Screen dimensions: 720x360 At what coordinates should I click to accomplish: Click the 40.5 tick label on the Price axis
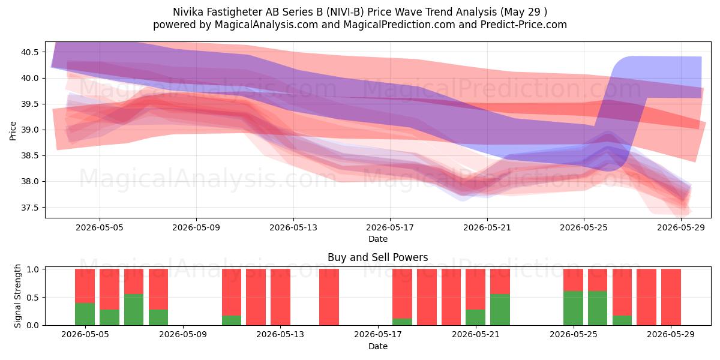(29, 52)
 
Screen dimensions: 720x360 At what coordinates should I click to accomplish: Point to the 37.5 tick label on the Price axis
(29, 208)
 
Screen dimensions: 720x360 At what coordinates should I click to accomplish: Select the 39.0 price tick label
(29, 130)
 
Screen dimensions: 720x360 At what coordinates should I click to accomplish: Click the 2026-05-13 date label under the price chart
(293, 227)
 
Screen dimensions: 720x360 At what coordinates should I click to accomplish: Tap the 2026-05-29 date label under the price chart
(681, 227)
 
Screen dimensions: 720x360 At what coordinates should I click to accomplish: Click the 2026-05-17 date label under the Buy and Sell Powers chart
(378, 334)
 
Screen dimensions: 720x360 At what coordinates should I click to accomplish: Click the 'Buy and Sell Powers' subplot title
(377, 257)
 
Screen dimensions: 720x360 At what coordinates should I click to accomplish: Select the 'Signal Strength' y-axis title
(17, 296)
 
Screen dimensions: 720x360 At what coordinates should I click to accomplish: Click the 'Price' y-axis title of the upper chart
(13, 131)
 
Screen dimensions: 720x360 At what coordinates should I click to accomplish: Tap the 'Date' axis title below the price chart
(378, 239)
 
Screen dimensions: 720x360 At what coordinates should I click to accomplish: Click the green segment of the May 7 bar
(134, 310)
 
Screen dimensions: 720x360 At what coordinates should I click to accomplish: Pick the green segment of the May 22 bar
(500, 310)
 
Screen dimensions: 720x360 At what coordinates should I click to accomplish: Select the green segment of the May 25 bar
(573, 308)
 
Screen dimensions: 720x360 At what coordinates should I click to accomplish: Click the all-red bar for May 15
(329, 297)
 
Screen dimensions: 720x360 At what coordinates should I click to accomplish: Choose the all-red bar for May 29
(671, 297)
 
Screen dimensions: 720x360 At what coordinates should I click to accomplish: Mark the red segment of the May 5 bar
(85, 286)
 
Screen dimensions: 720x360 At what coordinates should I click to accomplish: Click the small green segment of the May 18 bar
(402, 322)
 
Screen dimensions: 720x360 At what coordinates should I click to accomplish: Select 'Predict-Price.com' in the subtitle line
(524, 25)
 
